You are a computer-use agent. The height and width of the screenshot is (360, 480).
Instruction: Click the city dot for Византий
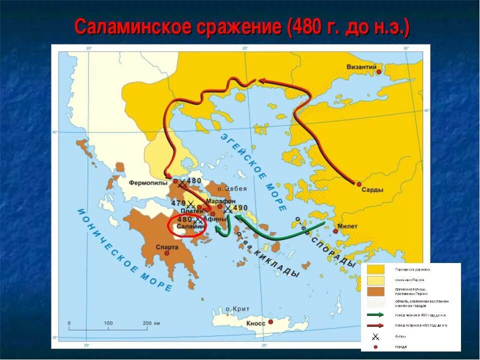point(379,71)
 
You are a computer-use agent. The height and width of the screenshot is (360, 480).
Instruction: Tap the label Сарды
point(373,190)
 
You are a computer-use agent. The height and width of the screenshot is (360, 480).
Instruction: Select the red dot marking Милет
point(335,231)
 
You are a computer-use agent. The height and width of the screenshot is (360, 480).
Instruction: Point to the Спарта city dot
point(167,253)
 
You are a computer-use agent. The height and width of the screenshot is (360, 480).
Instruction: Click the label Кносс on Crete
point(255,323)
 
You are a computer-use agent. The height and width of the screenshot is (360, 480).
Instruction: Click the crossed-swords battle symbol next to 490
point(228,208)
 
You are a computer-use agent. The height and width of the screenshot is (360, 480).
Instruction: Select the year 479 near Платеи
point(178,203)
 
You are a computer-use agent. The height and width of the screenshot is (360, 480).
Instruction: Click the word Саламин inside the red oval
point(191,226)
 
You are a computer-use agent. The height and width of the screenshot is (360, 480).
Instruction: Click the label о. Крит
point(237,309)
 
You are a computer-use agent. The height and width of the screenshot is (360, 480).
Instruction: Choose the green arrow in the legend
point(375,314)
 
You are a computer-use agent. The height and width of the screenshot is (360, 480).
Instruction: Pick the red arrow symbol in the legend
point(375,325)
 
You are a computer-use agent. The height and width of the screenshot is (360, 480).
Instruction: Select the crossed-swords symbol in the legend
point(375,337)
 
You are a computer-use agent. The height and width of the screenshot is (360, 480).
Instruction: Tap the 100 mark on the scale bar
point(108,323)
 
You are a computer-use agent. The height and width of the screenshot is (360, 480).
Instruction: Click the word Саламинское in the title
point(131,27)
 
